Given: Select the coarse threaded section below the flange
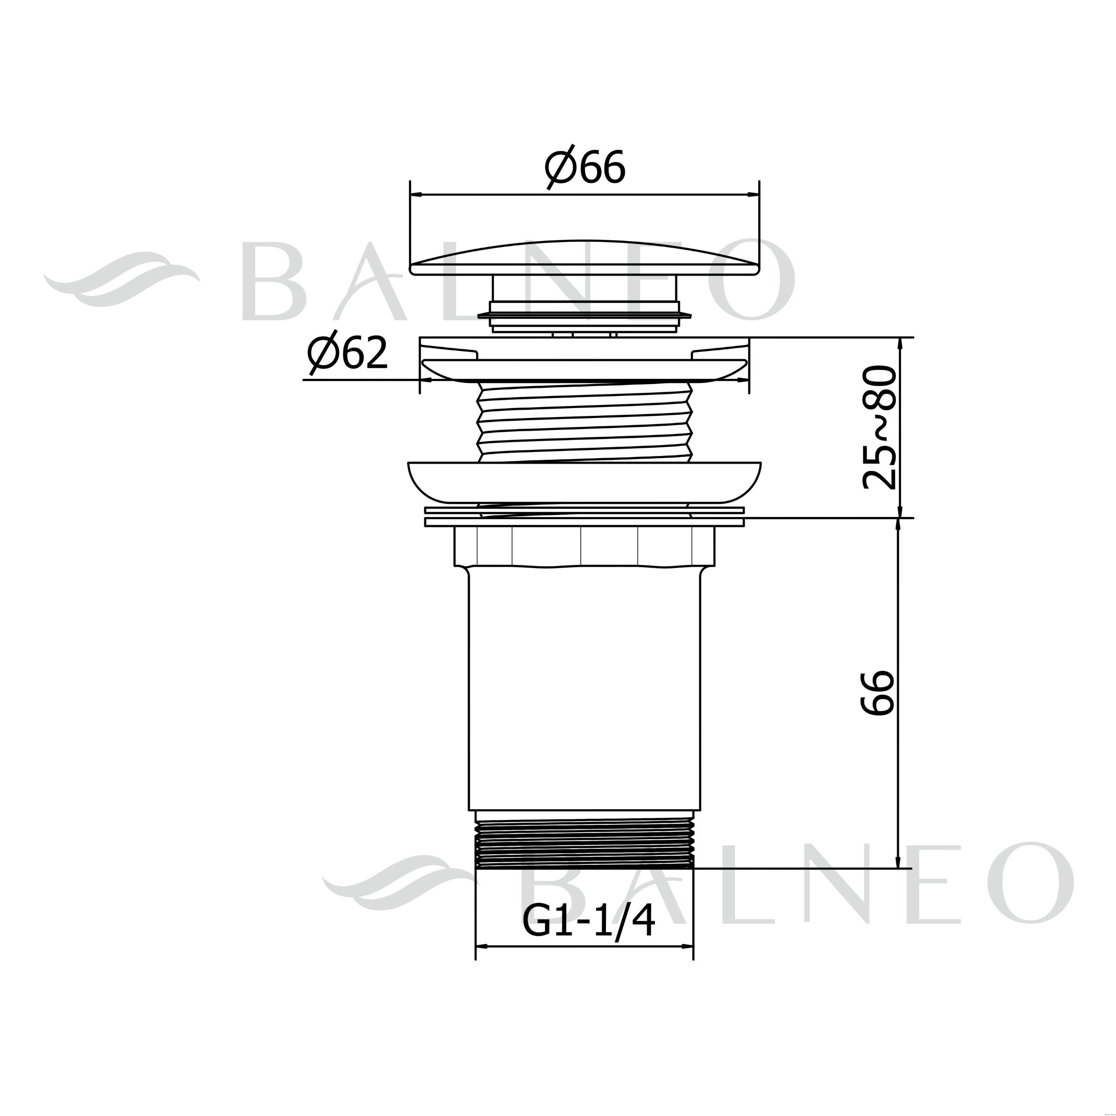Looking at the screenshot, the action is pyautogui.click(x=584, y=422).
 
